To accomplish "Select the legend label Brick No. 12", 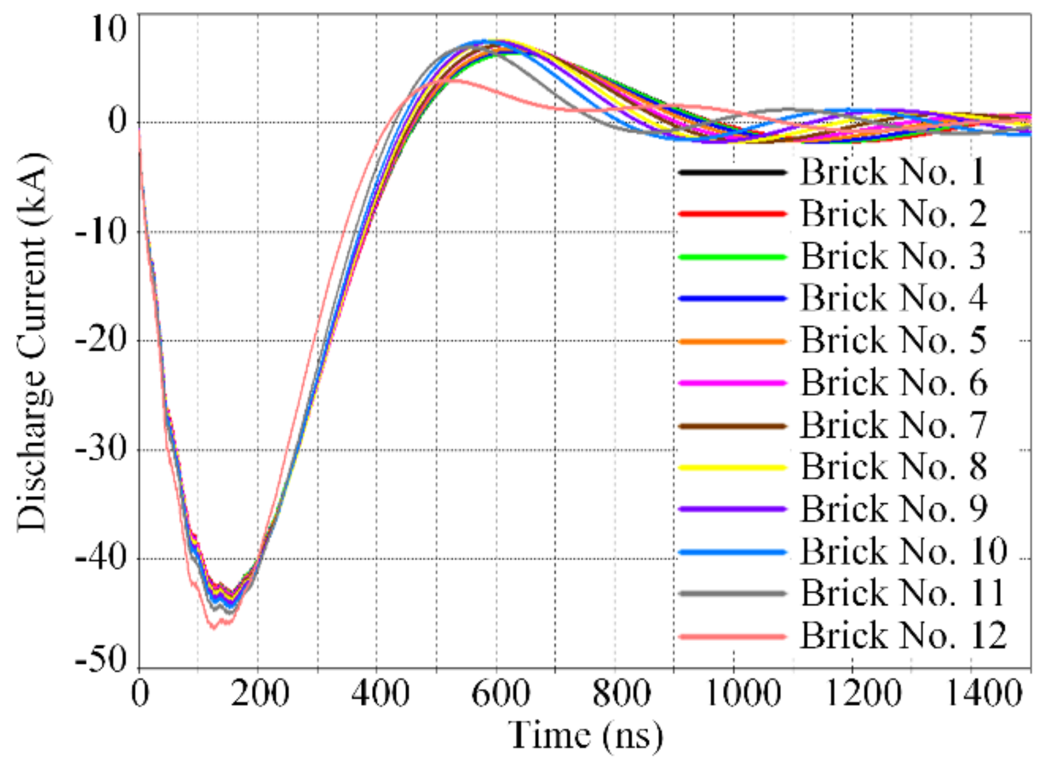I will pos(903,636).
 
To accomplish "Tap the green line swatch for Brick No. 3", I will pos(732,256).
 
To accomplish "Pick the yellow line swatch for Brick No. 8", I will pos(732,467).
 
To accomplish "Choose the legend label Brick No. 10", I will pos(903,551).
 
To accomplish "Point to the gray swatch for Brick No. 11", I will pos(732,593).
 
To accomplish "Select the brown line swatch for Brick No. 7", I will pos(732,425).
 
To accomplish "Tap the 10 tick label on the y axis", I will pos(108,28).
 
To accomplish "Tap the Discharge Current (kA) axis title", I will pos(31,342).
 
